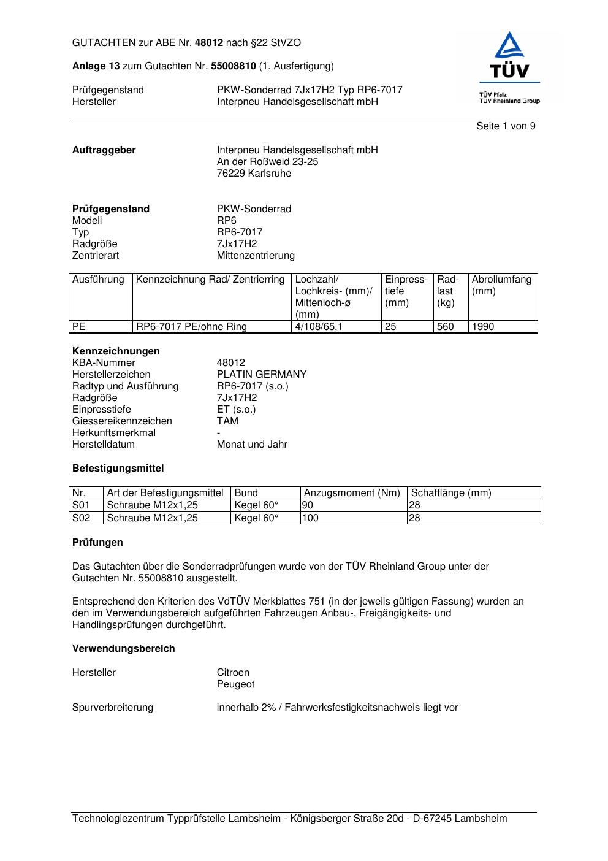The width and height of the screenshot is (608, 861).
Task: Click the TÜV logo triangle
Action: pos(509,47)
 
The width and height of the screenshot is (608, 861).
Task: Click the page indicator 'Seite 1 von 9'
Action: pos(506,126)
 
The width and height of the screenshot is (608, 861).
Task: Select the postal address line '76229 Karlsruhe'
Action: pos(254,174)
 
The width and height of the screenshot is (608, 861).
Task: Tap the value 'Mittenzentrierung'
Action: pos(256,256)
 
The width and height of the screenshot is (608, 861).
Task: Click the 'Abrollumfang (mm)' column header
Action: pos(501,285)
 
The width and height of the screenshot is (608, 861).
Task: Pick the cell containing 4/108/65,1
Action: pos(319,327)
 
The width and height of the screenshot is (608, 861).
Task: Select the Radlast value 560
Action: pos(445,327)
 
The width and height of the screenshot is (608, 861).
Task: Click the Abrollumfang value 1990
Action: pos(483,327)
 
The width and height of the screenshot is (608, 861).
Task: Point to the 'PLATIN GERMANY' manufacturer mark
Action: pos(262,375)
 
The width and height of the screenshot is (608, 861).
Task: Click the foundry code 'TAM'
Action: pos(227,421)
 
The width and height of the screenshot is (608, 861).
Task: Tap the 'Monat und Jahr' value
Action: pos(252,445)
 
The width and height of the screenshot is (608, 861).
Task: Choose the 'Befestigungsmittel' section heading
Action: pos(118,469)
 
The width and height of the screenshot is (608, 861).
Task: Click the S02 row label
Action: pos(81,518)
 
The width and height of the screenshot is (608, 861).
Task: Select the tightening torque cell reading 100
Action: pos(311,518)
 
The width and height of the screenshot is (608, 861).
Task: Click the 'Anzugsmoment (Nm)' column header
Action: pos(352,493)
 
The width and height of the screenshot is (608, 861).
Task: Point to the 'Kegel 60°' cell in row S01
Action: pos(256,505)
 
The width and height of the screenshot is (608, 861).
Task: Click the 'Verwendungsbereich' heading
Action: pos(123,649)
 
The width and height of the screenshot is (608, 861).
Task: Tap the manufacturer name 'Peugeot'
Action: pos(235,684)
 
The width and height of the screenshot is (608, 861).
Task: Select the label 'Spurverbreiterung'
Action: pos(113,708)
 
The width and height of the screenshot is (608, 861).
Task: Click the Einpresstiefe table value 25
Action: pos(390,327)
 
